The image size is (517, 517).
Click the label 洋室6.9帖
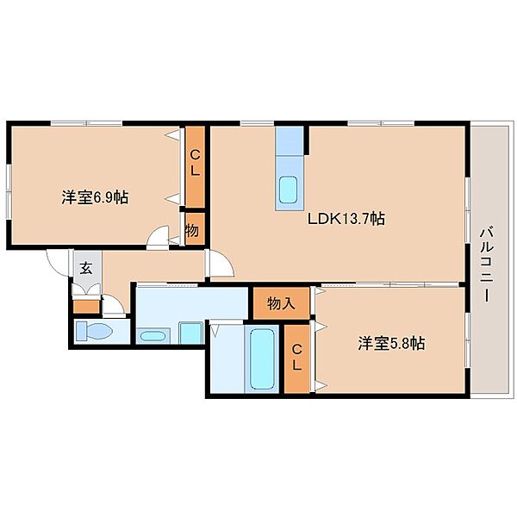95,197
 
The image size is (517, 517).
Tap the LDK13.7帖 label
346,218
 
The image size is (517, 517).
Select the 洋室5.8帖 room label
391,343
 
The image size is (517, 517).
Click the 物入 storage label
281,303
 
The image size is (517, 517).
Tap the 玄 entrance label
86,268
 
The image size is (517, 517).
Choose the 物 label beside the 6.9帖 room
192,230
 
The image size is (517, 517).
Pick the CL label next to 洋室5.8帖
297,358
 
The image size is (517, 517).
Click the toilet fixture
94,331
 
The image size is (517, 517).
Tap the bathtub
262,359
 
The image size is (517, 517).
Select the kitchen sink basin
288,190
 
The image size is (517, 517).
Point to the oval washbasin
153,336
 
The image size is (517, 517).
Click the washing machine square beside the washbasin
191,333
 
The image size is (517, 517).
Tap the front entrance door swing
58,262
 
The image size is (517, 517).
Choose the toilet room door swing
113,304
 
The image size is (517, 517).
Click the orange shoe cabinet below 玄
86,307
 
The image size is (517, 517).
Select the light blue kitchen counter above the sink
290,140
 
